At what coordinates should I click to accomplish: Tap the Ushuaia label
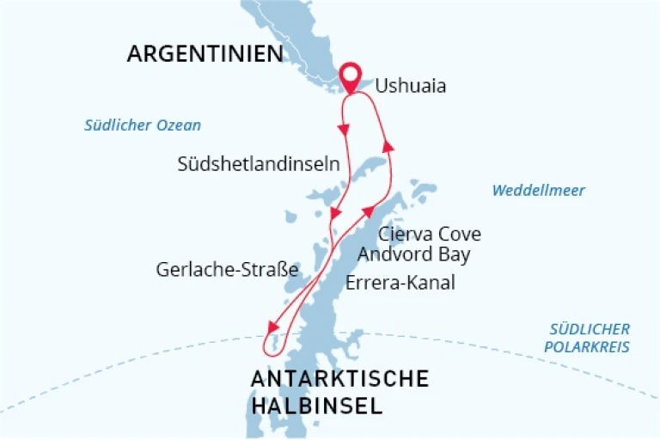(411, 87)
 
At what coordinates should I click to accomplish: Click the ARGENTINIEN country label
(205, 54)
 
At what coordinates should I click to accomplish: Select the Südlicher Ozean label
(143, 125)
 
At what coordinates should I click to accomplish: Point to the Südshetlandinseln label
(258, 163)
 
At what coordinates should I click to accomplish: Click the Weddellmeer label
(538, 191)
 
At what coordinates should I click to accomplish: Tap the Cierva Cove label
(430, 234)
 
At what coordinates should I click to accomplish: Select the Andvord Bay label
(414, 254)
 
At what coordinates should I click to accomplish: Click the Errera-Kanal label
(400, 283)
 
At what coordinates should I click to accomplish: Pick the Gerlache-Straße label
(227, 270)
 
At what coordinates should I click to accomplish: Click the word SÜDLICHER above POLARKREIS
(590, 329)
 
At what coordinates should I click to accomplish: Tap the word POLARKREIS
(590, 347)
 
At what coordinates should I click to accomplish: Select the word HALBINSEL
(316, 406)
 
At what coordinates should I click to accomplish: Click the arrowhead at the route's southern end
(272, 327)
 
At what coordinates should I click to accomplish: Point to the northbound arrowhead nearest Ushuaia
(388, 147)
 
